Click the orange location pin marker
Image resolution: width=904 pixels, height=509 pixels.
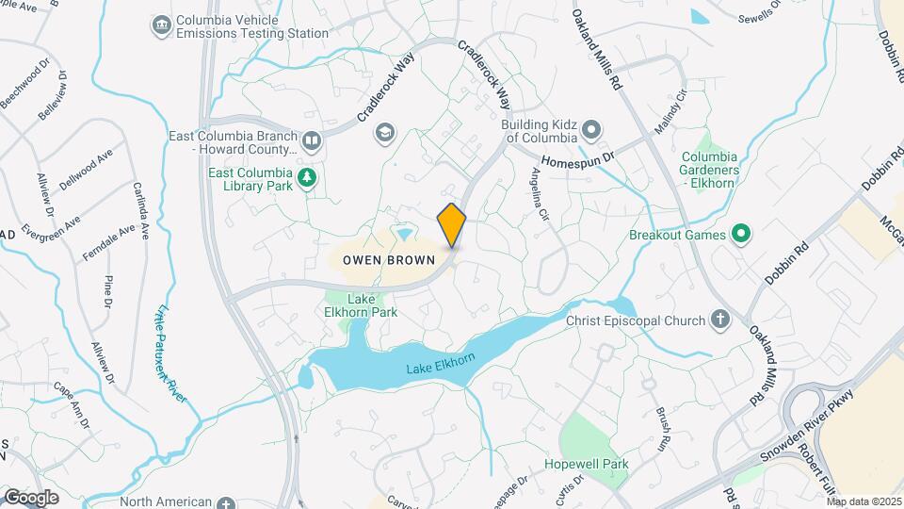pyautogui.click(x=452, y=224)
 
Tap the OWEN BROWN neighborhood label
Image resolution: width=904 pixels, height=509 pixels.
pyautogui.click(x=381, y=259)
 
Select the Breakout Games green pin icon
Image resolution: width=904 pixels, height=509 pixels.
pyautogui.click(x=740, y=234)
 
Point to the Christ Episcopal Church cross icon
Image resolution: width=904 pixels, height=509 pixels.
pyautogui.click(x=721, y=320)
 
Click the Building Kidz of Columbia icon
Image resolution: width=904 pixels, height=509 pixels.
pyautogui.click(x=591, y=129)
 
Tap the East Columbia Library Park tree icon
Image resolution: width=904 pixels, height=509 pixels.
pyautogui.click(x=307, y=178)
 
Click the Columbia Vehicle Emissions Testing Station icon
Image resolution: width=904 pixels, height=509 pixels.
pyautogui.click(x=161, y=23)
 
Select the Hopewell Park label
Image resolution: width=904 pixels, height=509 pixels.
pyautogui.click(x=586, y=464)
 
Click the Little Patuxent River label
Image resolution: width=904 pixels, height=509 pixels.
pyautogui.click(x=168, y=348)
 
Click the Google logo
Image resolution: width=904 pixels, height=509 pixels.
pyautogui.click(x=31, y=498)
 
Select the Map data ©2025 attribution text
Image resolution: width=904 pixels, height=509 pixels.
pyautogui.click(x=864, y=501)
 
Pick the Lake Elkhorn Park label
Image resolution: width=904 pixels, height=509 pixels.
pyautogui.click(x=372, y=305)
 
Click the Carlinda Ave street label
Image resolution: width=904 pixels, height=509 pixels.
pyautogui.click(x=141, y=208)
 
